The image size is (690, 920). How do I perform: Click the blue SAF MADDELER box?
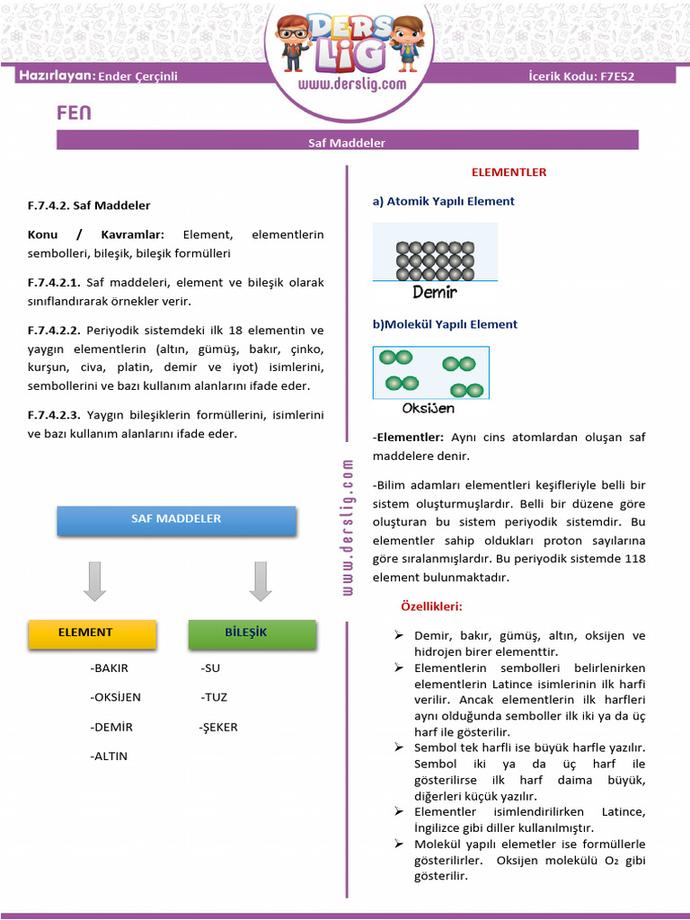click(x=176, y=520)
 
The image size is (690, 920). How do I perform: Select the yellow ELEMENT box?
click(x=85, y=633)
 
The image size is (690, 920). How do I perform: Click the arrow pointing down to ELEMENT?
click(x=94, y=581)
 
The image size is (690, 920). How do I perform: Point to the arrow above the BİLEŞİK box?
click(x=261, y=581)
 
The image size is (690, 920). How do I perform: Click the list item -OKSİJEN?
click(x=115, y=697)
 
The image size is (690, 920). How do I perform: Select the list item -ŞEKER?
click(x=218, y=727)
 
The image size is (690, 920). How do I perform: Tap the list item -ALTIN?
click(x=109, y=756)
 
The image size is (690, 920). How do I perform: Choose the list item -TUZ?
click(x=214, y=697)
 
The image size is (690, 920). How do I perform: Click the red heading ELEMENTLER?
click(x=509, y=172)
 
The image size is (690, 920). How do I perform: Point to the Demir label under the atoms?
click(x=435, y=292)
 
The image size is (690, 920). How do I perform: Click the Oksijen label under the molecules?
click(x=428, y=409)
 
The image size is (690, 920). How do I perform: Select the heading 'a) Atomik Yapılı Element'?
click(x=444, y=201)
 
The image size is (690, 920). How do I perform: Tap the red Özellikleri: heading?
click(x=431, y=606)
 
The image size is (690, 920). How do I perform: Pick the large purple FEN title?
click(x=74, y=113)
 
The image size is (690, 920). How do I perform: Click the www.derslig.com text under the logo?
click(x=351, y=84)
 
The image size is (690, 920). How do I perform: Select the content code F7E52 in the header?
click(x=616, y=76)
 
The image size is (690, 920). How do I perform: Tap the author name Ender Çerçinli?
click(x=137, y=76)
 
